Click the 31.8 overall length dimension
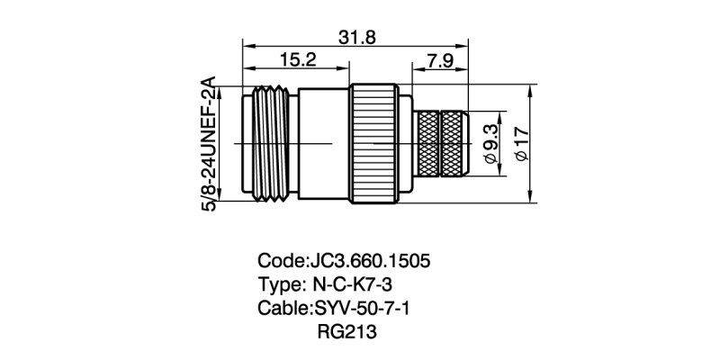point(357,37)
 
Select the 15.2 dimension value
point(297,60)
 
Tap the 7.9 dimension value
point(440,60)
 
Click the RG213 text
point(346,332)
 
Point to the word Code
point(281,262)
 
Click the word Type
point(280,285)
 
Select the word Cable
point(283,309)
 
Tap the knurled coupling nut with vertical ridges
point(373,144)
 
